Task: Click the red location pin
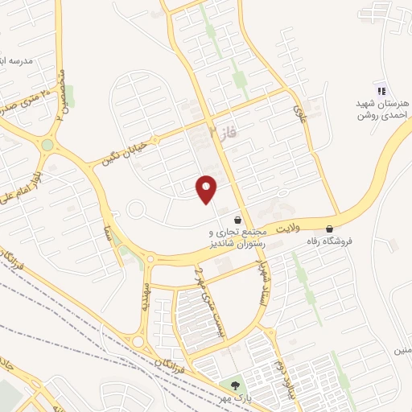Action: (208, 188)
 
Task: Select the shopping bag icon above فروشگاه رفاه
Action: (330, 229)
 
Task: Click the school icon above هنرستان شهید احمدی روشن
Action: (381, 91)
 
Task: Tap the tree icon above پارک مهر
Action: (235, 386)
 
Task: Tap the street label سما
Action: (108, 234)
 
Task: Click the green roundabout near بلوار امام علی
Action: (47, 146)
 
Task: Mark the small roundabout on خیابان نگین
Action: (134, 212)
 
